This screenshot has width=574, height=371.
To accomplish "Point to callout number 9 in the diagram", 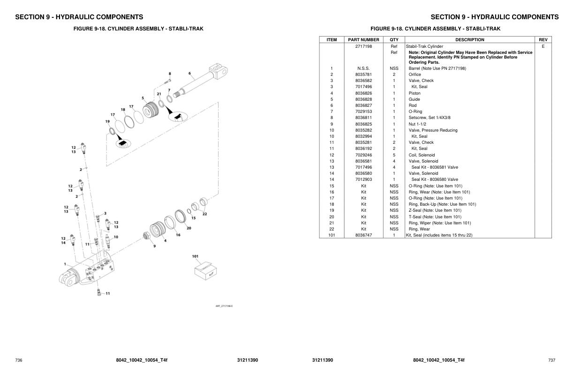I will coord(154,246).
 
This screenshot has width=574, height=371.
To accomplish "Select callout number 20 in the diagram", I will coord(189,229).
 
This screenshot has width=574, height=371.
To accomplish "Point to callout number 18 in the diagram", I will coord(123,110).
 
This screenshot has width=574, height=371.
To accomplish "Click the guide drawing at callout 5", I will coord(151,111).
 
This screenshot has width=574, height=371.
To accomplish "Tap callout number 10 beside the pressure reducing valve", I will coord(116,237).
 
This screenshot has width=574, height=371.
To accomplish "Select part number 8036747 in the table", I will coord(363,235).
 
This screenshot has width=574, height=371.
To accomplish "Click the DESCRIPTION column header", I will coord(469,40).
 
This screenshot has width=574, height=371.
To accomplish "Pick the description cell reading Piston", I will coord(415,93).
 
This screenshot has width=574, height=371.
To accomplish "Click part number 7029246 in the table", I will coord(363,155).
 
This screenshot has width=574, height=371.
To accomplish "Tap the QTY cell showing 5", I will coord(394,155).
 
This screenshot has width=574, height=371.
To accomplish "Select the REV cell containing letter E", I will coord(543,46).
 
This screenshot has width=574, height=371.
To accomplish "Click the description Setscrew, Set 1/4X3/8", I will coord(429,118).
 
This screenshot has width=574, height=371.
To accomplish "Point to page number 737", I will coord(551,360).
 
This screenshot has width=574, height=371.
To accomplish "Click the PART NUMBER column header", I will coord(363,40).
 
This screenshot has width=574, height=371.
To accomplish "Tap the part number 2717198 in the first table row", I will coord(363,46).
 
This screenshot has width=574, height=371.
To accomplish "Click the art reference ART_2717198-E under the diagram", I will coord(224,306).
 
